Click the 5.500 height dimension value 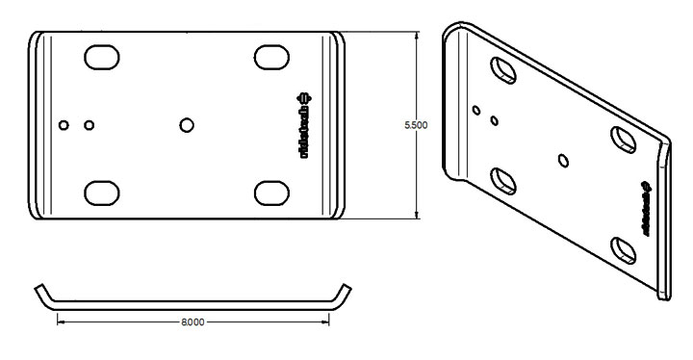point(416,126)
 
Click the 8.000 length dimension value point(192,321)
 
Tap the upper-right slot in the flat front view point(273,57)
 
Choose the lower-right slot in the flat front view point(273,192)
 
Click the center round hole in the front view point(188,124)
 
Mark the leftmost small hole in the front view point(64,124)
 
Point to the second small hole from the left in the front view point(90,124)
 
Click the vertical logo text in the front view point(305,124)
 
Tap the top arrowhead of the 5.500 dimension point(416,37)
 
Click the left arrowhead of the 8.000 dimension point(63,321)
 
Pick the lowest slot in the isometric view point(624,250)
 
